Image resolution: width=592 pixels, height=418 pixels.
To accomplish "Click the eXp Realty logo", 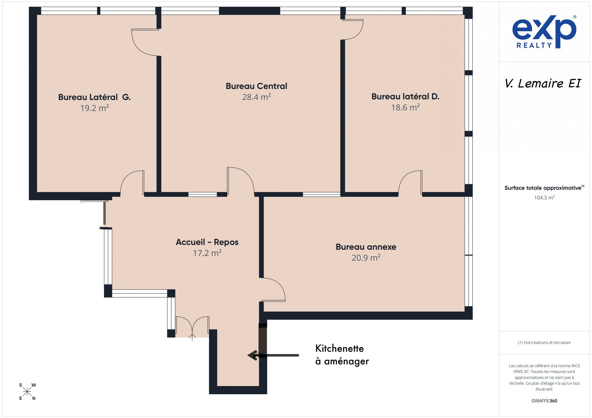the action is [x=544, y=32].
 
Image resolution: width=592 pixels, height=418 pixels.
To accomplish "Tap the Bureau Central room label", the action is [x=256, y=86].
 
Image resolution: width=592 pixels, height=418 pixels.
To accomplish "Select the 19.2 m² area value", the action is [x=94, y=108].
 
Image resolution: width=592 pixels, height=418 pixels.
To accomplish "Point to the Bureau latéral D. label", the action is [x=405, y=96].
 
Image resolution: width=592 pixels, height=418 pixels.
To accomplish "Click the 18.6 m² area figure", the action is [x=405, y=107].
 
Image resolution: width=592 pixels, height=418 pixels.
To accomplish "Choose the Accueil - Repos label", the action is [x=207, y=242].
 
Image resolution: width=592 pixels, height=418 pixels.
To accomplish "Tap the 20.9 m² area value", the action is [x=366, y=257].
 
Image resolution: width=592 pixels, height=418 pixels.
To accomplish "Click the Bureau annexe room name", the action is [x=366, y=247].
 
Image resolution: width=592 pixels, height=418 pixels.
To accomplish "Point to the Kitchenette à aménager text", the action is [x=342, y=355].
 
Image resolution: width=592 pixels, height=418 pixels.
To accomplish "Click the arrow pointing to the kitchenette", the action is [x=273, y=355].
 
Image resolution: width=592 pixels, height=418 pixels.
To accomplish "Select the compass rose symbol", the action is [x=27, y=392].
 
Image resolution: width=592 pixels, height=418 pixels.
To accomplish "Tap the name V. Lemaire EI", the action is [x=543, y=83].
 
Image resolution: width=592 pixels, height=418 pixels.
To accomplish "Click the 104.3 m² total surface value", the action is [x=544, y=197].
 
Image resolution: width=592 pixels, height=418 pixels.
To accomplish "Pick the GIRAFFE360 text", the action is [x=544, y=401].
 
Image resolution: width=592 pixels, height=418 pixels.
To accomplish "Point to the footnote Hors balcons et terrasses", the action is [x=544, y=342].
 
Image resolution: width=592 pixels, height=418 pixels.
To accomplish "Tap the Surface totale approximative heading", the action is [x=544, y=188].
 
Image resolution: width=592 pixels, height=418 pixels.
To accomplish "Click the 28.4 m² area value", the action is [x=256, y=97].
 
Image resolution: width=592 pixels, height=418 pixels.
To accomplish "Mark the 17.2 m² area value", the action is [x=207, y=253].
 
